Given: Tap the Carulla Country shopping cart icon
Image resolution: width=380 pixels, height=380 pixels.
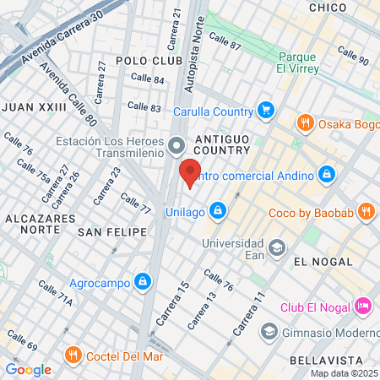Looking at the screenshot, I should coord(266,111).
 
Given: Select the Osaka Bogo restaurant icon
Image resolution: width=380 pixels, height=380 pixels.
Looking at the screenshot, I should coord(306,124).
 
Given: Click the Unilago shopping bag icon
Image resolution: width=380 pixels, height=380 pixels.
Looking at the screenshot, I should coord(218,209).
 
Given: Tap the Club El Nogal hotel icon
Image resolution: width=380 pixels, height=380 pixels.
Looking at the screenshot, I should coord(363,305).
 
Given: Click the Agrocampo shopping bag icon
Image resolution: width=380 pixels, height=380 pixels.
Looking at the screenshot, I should coord(143,280).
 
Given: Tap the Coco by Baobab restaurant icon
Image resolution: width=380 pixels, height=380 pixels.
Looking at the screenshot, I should coord(366,210).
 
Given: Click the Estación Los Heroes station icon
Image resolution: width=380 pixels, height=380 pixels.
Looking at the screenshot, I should coord(176,147).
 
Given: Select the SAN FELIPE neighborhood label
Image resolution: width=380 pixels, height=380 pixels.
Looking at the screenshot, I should coord(112,231).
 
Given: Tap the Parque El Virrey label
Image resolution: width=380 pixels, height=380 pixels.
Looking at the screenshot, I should coord(297,64).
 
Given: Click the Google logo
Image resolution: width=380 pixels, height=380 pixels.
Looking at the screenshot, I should coord(28,369).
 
